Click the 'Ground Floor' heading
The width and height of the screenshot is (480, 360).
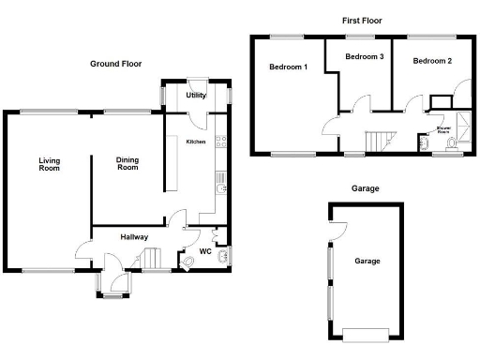pyautogui.click(x=115, y=64)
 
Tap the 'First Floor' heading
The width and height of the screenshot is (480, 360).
pyautogui.click(x=361, y=20)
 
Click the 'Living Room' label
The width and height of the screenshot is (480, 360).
pyautogui.click(x=49, y=164)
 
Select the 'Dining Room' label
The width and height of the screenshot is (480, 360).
pyautogui.click(x=127, y=163)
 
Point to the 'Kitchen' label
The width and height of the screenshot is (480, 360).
pyautogui.click(x=195, y=142)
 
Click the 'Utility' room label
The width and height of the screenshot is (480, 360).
pyautogui.click(x=196, y=96)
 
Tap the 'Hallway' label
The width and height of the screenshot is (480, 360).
pyautogui.click(x=134, y=237)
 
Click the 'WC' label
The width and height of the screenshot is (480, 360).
pyautogui.click(x=205, y=250)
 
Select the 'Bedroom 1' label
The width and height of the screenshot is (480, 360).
pyautogui.click(x=288, y=67)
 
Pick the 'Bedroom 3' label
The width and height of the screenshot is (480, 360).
pyautogui.click(x=364, y=57)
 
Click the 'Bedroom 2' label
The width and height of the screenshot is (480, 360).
pyautogui.click(x=432, y=61)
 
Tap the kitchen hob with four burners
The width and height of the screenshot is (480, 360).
pyautogui.click(x=220, y=142)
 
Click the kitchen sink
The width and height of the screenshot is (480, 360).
pyautogui.click(x=218, y=190)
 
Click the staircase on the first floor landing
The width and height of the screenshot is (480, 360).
pyautogui.click(x=378, y=141)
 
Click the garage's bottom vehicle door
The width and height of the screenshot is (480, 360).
pyautogui.click(x=366, y=334)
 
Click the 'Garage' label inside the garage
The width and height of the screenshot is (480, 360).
pyautogui.click(x=366, y=261)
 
